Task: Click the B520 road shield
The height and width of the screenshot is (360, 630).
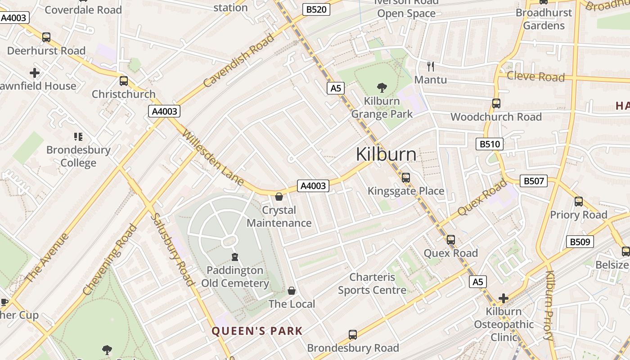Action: (x=316, y=9)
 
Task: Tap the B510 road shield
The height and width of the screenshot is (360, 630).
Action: (x=490, y=144)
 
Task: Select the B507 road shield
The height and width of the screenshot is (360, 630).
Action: (x=534, y=181)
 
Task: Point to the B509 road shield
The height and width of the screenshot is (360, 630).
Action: (x=580, y=242)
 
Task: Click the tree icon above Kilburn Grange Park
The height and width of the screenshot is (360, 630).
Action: (x=382, y=87)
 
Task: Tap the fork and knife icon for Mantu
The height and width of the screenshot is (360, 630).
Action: (x=431, y=67)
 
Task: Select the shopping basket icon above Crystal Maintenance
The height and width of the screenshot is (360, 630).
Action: (x=279, y=197)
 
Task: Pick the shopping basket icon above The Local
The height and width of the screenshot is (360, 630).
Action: (x=292, y=291)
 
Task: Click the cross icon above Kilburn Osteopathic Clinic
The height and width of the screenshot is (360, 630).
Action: (x=503, y=298)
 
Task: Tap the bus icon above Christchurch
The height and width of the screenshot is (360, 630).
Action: (x=123, y=81)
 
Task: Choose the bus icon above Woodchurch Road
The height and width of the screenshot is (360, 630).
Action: (x=496, y=103)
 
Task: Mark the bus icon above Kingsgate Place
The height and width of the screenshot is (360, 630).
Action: (x=406, y=178)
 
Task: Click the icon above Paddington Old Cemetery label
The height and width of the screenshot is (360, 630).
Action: (x=234, y=257)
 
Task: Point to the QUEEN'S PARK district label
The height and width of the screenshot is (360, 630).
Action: (x=257, y=331)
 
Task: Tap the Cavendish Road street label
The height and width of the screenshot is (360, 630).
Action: (x=238, y=61)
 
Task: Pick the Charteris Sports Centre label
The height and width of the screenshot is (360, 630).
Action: (x=372, y=283)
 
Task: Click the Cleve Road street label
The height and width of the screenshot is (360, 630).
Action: (x=535, y=76)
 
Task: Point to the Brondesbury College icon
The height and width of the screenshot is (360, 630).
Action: (x=78, y=136)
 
